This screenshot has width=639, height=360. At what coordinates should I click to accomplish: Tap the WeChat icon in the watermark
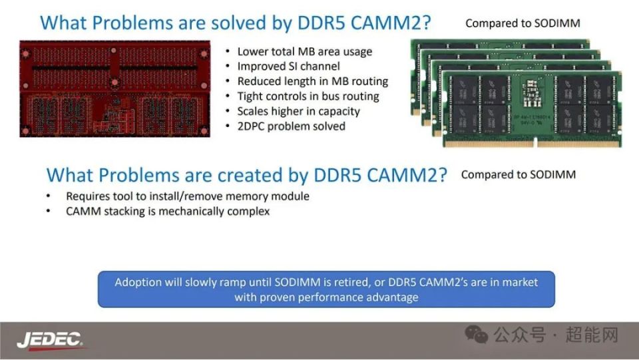click(x=476, y=334)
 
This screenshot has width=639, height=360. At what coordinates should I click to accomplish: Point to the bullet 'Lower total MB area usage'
click(x=305, y=52)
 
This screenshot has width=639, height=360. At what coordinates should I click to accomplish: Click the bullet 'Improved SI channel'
click(x=288, y=67)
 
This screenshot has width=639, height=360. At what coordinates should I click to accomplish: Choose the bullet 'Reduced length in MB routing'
click(x=313, y=81)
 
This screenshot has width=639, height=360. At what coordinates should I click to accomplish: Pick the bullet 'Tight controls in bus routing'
click(x=308, y=96)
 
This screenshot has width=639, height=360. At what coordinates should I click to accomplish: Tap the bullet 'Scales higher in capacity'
click(x=299, y=111)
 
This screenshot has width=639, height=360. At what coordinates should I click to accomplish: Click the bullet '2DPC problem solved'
click(x=292, y=126)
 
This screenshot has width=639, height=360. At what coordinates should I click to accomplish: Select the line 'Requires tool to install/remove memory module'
click(x=188, y=196)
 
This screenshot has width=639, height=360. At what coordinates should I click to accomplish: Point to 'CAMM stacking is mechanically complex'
click(x=168, y=212)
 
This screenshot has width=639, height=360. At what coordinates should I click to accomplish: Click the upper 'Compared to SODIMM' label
click(x=523, y=23)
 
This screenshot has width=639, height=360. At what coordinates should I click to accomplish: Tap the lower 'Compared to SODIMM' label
click(x=519, y=175)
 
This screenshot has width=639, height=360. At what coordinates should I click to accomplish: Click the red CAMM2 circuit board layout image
click(x=115, y=89)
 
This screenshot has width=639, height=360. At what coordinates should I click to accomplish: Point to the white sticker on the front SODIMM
click(x=531, y=93)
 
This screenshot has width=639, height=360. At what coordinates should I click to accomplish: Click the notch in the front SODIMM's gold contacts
click(x=535, y=143)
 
